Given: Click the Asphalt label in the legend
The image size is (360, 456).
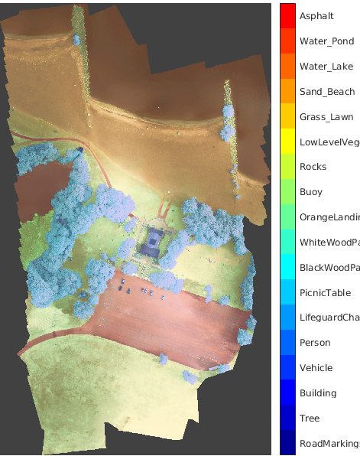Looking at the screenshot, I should (x=316, y=16).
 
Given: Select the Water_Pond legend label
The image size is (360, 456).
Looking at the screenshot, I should (x=326, y=41).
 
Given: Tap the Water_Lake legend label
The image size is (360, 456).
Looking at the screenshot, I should (x=326, y=67).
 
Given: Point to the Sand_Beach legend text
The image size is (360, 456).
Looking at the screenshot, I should (x=327, y=92).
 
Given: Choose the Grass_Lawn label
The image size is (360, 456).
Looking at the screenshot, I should (x=326, y=117).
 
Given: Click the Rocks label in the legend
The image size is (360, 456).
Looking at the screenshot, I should (x=313, y=167).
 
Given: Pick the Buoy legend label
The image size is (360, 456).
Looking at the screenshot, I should (x=311, y=192).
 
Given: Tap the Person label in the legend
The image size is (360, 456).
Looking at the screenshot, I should (x=315, y=343).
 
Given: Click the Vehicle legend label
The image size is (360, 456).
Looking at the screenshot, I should (x=316, y=368).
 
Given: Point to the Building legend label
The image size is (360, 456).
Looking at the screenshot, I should (x=318, y=393).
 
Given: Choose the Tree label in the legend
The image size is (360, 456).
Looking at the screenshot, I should (x=310, y=419).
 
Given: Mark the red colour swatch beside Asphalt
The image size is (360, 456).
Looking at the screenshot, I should (x=288, y=16).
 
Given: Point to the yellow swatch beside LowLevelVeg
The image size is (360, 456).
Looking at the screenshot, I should (x=288, y=142).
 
